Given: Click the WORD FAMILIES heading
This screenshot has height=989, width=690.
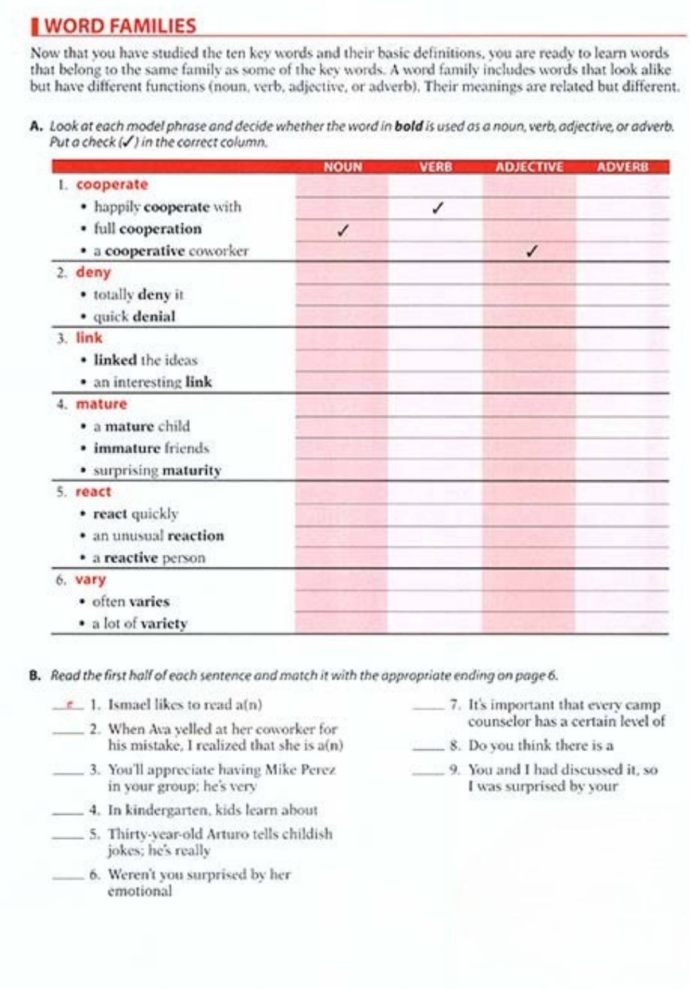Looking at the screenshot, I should pyautogui.click(x=120, y=26).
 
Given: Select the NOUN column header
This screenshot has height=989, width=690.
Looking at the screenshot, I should pyautogui.click(x=342, y=167).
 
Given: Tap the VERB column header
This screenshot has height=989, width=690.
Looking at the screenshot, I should pyautogui.click(x=436, y=167).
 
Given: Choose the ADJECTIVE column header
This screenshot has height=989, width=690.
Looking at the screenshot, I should pyautogui.click(x=529, y=167).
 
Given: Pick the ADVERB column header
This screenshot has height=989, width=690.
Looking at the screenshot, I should pyautogui.click(x=622, y=167).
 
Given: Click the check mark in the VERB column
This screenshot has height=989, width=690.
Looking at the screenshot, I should pyautogui.click(x=438, y=207).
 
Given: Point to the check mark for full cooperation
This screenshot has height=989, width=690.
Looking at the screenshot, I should pyautogui.click(x=342, y=230).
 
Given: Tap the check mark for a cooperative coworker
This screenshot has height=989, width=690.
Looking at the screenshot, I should pyautogui.click(x=531, y=252).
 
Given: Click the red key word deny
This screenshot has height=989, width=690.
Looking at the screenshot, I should pyautogui.click(x=93, y=272).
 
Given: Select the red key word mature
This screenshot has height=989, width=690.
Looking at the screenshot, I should pyautogui.click(x=102, y=404).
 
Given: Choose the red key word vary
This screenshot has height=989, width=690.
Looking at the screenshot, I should pyautogui.click(x=91, y=579).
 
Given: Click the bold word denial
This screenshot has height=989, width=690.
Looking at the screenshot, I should pyautogui.click(x=155, y=316).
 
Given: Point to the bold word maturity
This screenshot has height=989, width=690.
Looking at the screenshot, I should pyautogui.click(x=192, y=470).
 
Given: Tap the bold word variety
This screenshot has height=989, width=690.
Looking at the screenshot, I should pyautogui.click(x=163, y=623).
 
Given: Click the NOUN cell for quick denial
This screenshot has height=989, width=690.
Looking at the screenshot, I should pyautogui.click(x=342, y=316).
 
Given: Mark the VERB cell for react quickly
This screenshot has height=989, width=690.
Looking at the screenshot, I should pyautogui.click(x=436, y=514).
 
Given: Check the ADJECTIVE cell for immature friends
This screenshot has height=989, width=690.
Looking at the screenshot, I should pyautogui.click(x=529, y=448).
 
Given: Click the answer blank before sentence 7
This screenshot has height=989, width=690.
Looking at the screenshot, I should pyautogui.click(x=428, y=706).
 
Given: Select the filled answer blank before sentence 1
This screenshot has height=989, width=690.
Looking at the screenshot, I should pyautogui.click(x=68, y=705).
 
